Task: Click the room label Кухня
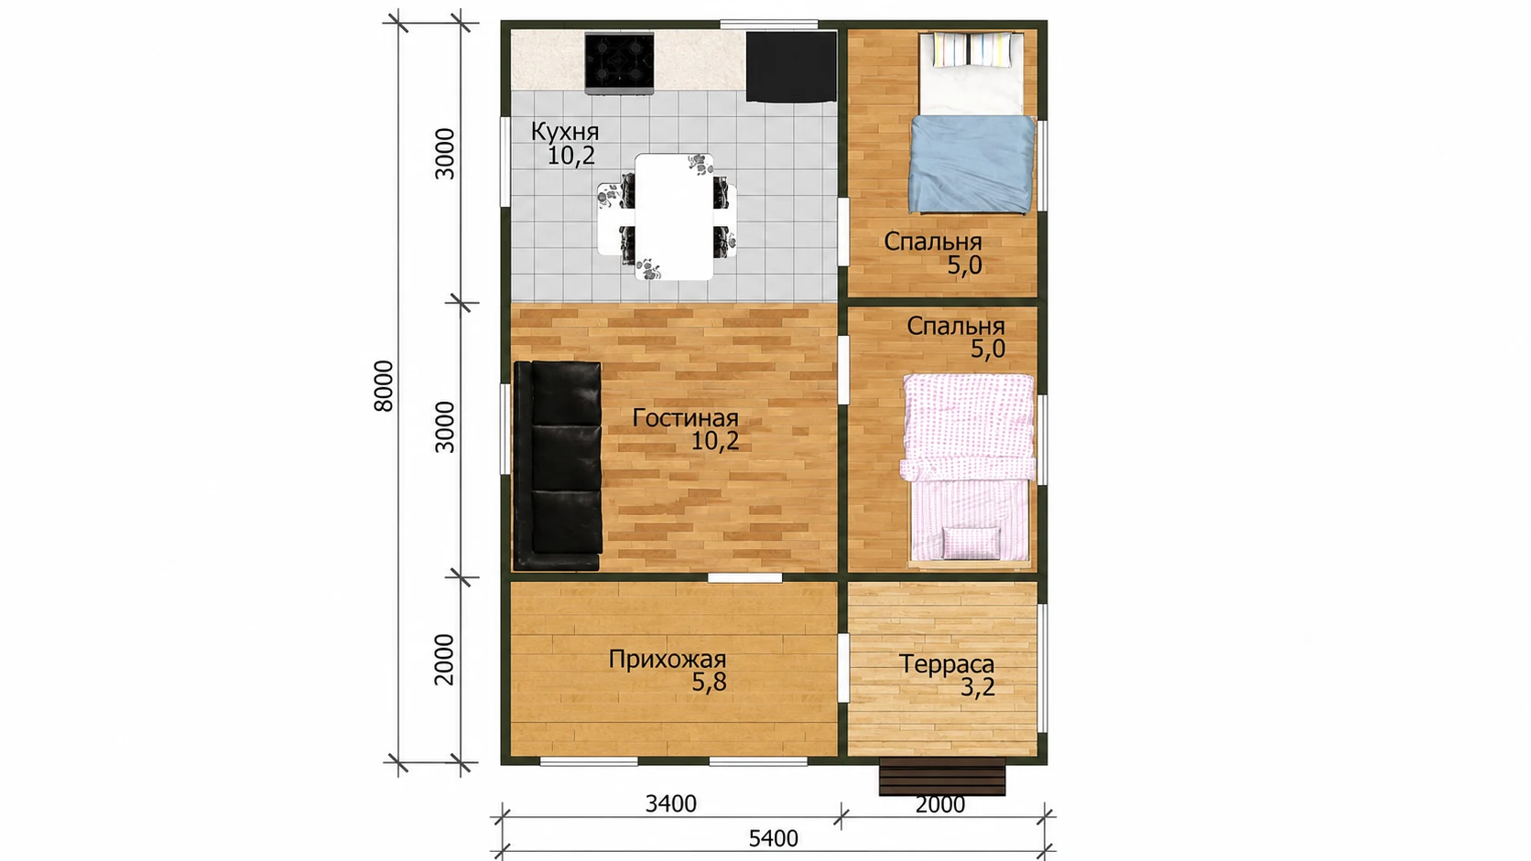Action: [565, 131]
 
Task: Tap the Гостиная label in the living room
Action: [685, 418]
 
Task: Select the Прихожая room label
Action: [668, 660]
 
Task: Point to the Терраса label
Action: [947, 663]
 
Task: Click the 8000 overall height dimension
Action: [384, 386]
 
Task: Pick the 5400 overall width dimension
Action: [773, 838]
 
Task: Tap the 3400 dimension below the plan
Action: [671, 804]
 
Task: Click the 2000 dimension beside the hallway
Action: [444, 660]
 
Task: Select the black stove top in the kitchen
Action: [619, 63]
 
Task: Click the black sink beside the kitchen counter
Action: [791, 67]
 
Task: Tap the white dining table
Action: [674, 217]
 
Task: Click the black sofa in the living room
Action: [558, 466]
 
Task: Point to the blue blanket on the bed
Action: [972, 165]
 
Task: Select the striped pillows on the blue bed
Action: [972, 49]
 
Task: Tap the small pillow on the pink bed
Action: [972, 544]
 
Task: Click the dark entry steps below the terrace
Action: [942, 776]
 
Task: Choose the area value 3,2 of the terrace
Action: [977, 687]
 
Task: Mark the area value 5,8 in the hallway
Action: [709, 682]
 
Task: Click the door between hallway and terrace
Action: [843, 668]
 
